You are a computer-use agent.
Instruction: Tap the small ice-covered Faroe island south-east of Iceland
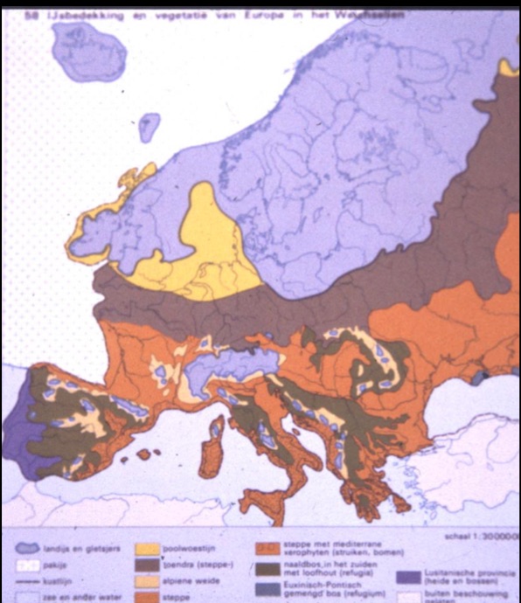[149, 126]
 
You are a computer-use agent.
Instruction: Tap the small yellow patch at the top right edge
[509, 67]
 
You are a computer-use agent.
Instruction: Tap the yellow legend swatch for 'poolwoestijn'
[149, 551]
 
